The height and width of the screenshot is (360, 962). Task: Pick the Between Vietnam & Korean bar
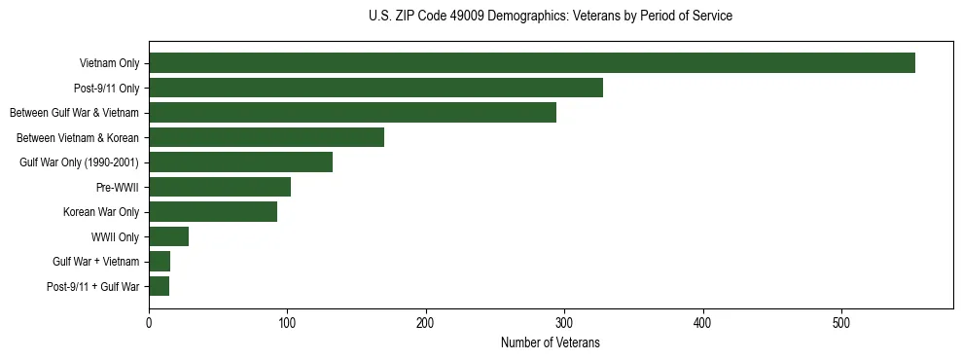tap(267, 137)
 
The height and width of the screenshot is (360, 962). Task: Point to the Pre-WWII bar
tap(220, 187)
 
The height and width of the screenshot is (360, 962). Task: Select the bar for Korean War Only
tap(213, 212)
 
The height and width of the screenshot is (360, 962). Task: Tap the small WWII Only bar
tap(168, 236)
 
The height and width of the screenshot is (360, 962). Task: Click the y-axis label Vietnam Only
tap(109, 64)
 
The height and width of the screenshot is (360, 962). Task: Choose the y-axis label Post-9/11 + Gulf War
tap(93, 287)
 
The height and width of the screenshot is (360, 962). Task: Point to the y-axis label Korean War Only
tap(101, 212)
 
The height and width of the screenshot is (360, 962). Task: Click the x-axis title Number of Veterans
tap(550, 343)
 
